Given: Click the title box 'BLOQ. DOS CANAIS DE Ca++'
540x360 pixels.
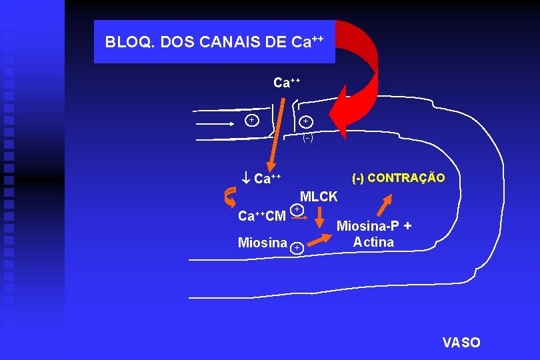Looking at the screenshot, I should click(214, 41).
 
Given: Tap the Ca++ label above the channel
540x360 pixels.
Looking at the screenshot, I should click(287, 83).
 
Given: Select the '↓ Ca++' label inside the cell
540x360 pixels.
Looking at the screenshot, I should click(262, 179).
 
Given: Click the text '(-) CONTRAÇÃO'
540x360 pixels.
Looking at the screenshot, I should click(398, 178).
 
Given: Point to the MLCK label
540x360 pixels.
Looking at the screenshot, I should click(319, 197).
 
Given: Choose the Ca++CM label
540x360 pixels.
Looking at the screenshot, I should click(262, 216).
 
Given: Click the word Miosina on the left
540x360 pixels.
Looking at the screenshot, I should click(262, 243).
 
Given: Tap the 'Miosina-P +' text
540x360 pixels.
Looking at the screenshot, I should click(373, 226).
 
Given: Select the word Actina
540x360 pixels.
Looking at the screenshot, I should click(373, 242).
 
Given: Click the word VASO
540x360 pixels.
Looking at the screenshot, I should click(461, 343).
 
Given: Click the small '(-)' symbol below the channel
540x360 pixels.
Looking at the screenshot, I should click(307, 139).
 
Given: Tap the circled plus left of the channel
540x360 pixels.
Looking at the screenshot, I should click(251, 120).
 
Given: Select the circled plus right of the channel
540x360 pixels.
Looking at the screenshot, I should click(305, 121).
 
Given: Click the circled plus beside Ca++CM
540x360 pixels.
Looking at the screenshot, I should click(299, 210).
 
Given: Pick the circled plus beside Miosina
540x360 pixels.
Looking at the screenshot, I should click(297, 248).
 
